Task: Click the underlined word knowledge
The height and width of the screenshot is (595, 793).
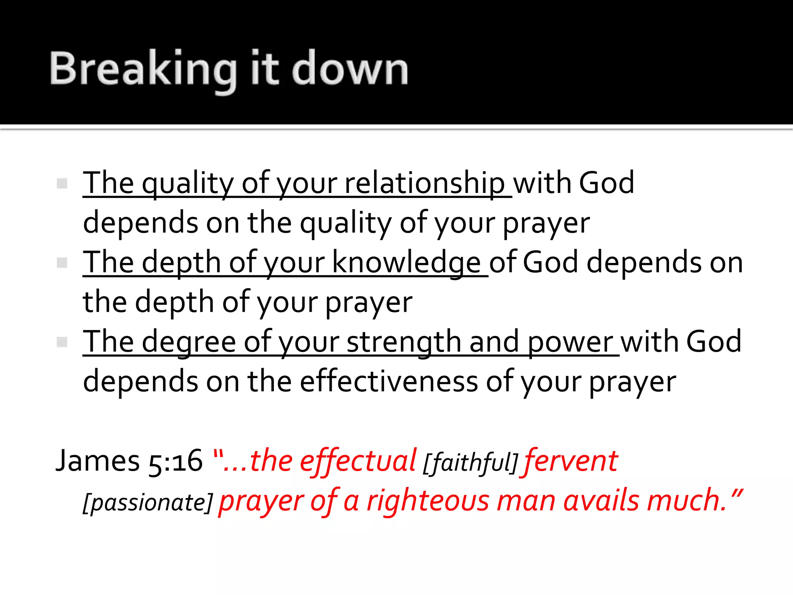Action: (x=406, y=263)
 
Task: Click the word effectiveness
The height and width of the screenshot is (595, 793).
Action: (x=389, y=382)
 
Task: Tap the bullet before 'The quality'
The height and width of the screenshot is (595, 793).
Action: (x=62, y=183)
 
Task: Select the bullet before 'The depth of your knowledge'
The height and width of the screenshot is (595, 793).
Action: (x=62, y=263)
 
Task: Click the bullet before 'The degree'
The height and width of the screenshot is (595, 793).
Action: (x=62, y=342)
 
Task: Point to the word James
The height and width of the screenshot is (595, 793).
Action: (x=98, y=461)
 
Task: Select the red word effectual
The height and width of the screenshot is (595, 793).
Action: (x=358, y=461)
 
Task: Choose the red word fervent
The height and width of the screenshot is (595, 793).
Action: (x=571, y=461)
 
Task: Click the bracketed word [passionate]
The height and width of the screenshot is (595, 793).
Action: (x=148, y=503)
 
